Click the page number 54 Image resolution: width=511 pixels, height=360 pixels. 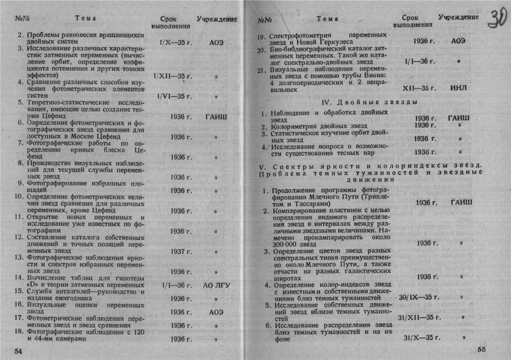tap(18, 351)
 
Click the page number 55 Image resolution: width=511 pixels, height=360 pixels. tap(482, 350)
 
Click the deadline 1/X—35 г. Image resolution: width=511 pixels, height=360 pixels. tap(174, 42)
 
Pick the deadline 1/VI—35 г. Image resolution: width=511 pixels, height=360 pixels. tap(174, 96)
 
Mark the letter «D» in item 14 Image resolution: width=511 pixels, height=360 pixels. tap(33, 285)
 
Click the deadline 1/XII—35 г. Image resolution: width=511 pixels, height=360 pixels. tap(174, 76)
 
